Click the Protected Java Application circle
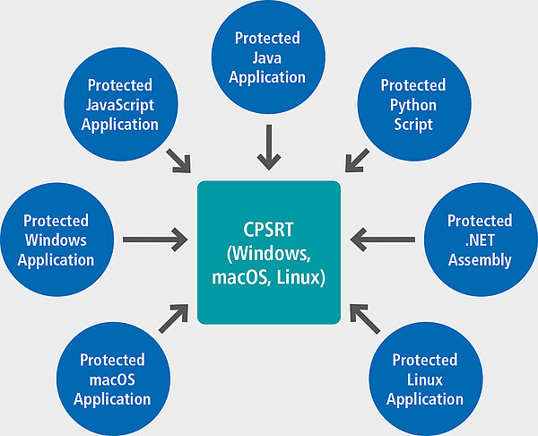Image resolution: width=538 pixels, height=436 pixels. point(268,57)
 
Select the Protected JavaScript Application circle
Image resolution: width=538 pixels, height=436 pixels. point(121,104)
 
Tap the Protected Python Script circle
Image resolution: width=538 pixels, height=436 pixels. point(414,104)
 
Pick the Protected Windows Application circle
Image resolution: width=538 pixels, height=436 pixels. point(57,240)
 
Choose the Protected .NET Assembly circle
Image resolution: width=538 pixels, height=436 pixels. point(481,240)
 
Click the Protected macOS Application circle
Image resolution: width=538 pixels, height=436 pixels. point(114,379)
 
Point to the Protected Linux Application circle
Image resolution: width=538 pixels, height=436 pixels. point(426,379)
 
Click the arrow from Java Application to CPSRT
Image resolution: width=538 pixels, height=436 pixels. point(269,147)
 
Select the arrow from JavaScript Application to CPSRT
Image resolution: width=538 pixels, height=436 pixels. point(178,161)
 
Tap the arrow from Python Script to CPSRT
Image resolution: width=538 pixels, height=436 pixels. point(357,161)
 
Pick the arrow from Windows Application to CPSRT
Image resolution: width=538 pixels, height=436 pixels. point(155,240)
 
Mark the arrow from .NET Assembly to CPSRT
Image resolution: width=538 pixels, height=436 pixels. point(383,240)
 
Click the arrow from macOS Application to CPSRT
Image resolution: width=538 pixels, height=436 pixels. point(174,318)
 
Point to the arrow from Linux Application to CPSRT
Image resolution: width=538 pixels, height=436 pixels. point(365,318)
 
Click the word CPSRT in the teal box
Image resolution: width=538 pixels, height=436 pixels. point(268,230)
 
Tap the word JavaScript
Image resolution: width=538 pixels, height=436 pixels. point(120,105)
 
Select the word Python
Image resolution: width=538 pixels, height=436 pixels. point(413,105)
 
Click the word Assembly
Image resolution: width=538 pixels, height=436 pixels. point(480,260)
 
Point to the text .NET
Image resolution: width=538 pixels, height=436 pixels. point(480,240)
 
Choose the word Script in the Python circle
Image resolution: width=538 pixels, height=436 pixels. point(413,125)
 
